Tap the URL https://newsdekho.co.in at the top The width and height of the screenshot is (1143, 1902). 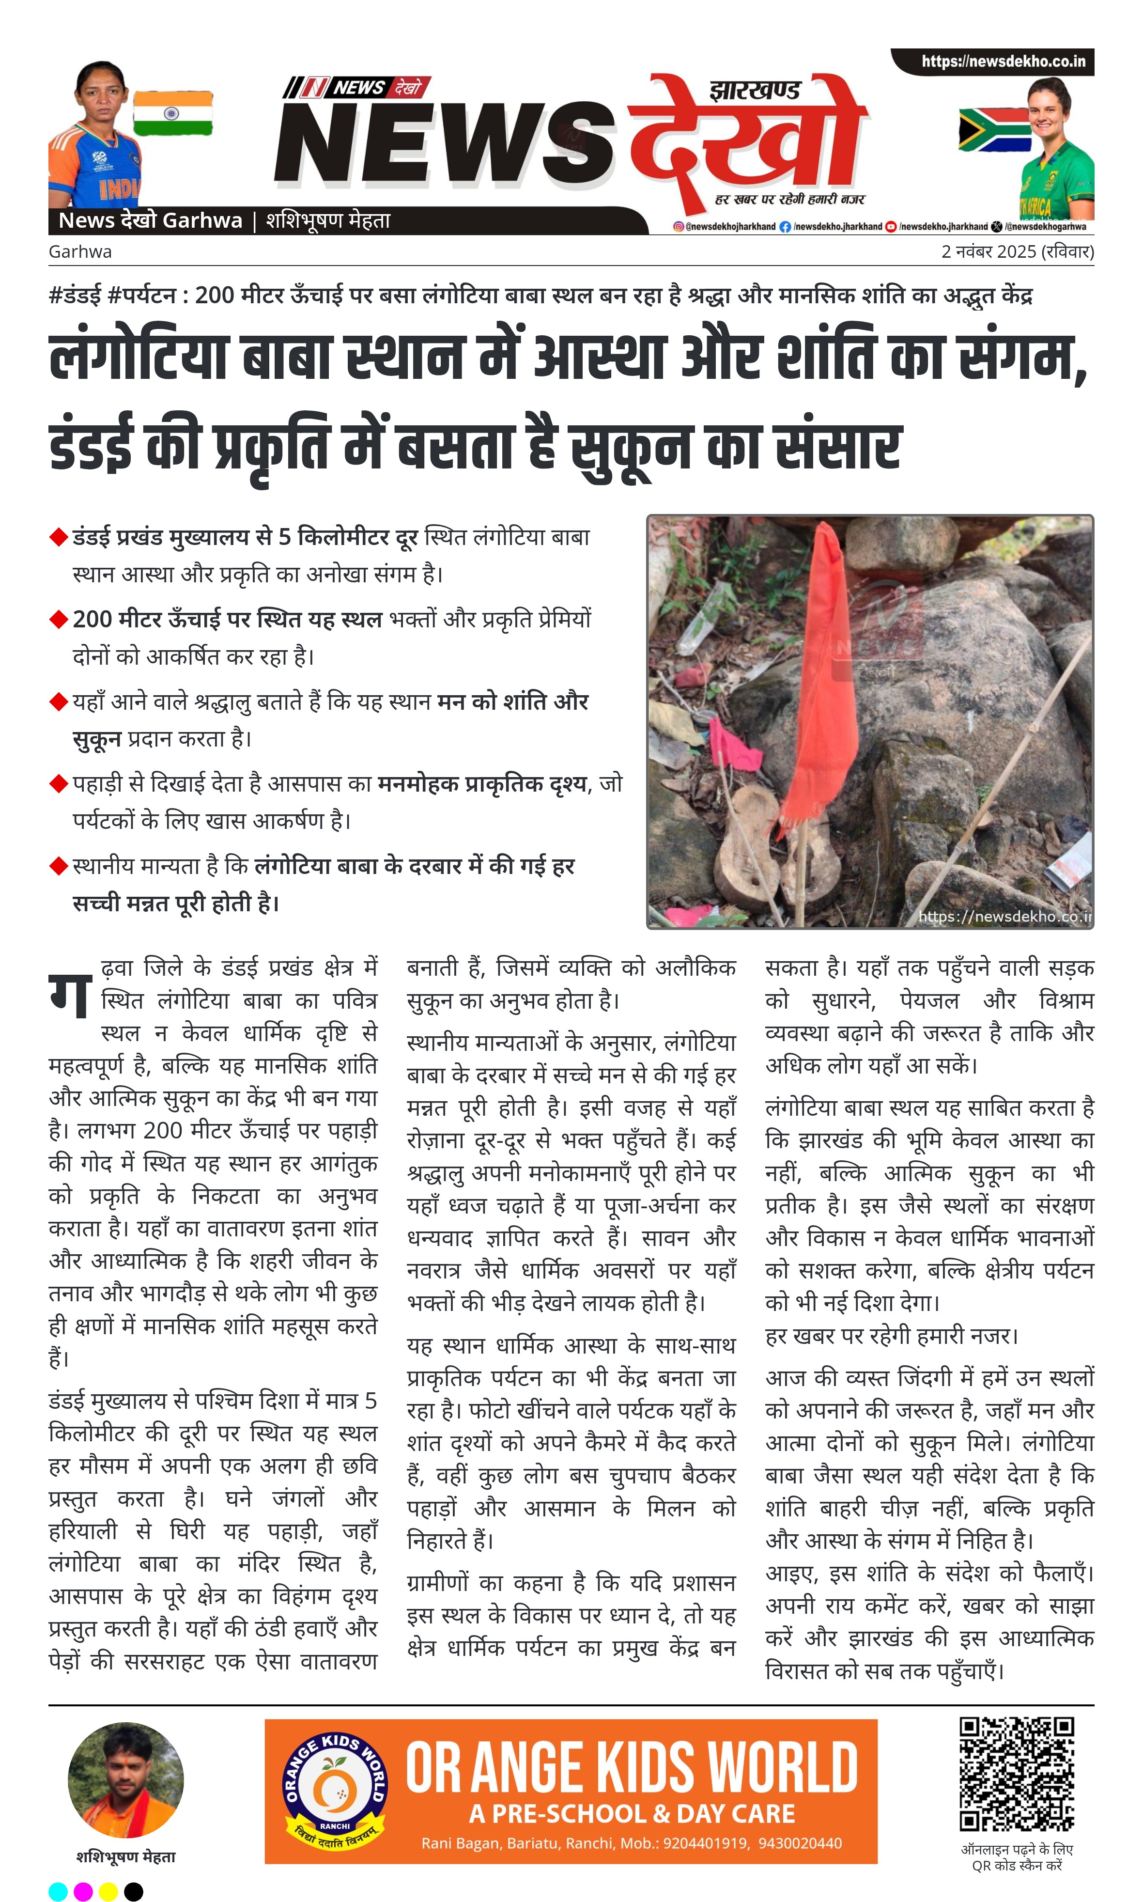tap(1003, 61)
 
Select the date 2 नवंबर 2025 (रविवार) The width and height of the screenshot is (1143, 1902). tap(1017, 251)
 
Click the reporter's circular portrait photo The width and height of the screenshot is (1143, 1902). tap(125, 1780)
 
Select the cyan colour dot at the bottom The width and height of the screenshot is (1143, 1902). tap(58, 1891)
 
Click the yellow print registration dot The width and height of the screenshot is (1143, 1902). tap(108, 1891)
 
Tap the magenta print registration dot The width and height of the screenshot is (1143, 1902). tap(83, 1891)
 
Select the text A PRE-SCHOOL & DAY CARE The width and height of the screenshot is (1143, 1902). tap(632, 1813)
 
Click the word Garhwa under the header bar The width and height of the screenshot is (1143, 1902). tap(80, 251)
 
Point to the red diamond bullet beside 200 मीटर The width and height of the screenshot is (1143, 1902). tap(59, 619)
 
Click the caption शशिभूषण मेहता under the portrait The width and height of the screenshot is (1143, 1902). tap(125, 1856)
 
